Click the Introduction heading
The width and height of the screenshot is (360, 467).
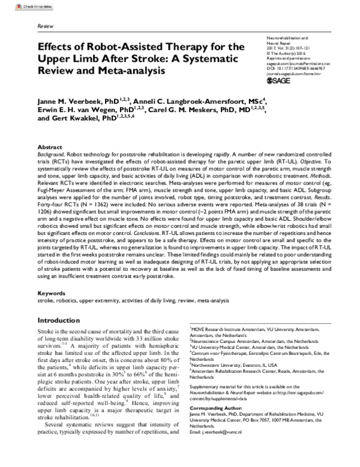pos(61,321)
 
